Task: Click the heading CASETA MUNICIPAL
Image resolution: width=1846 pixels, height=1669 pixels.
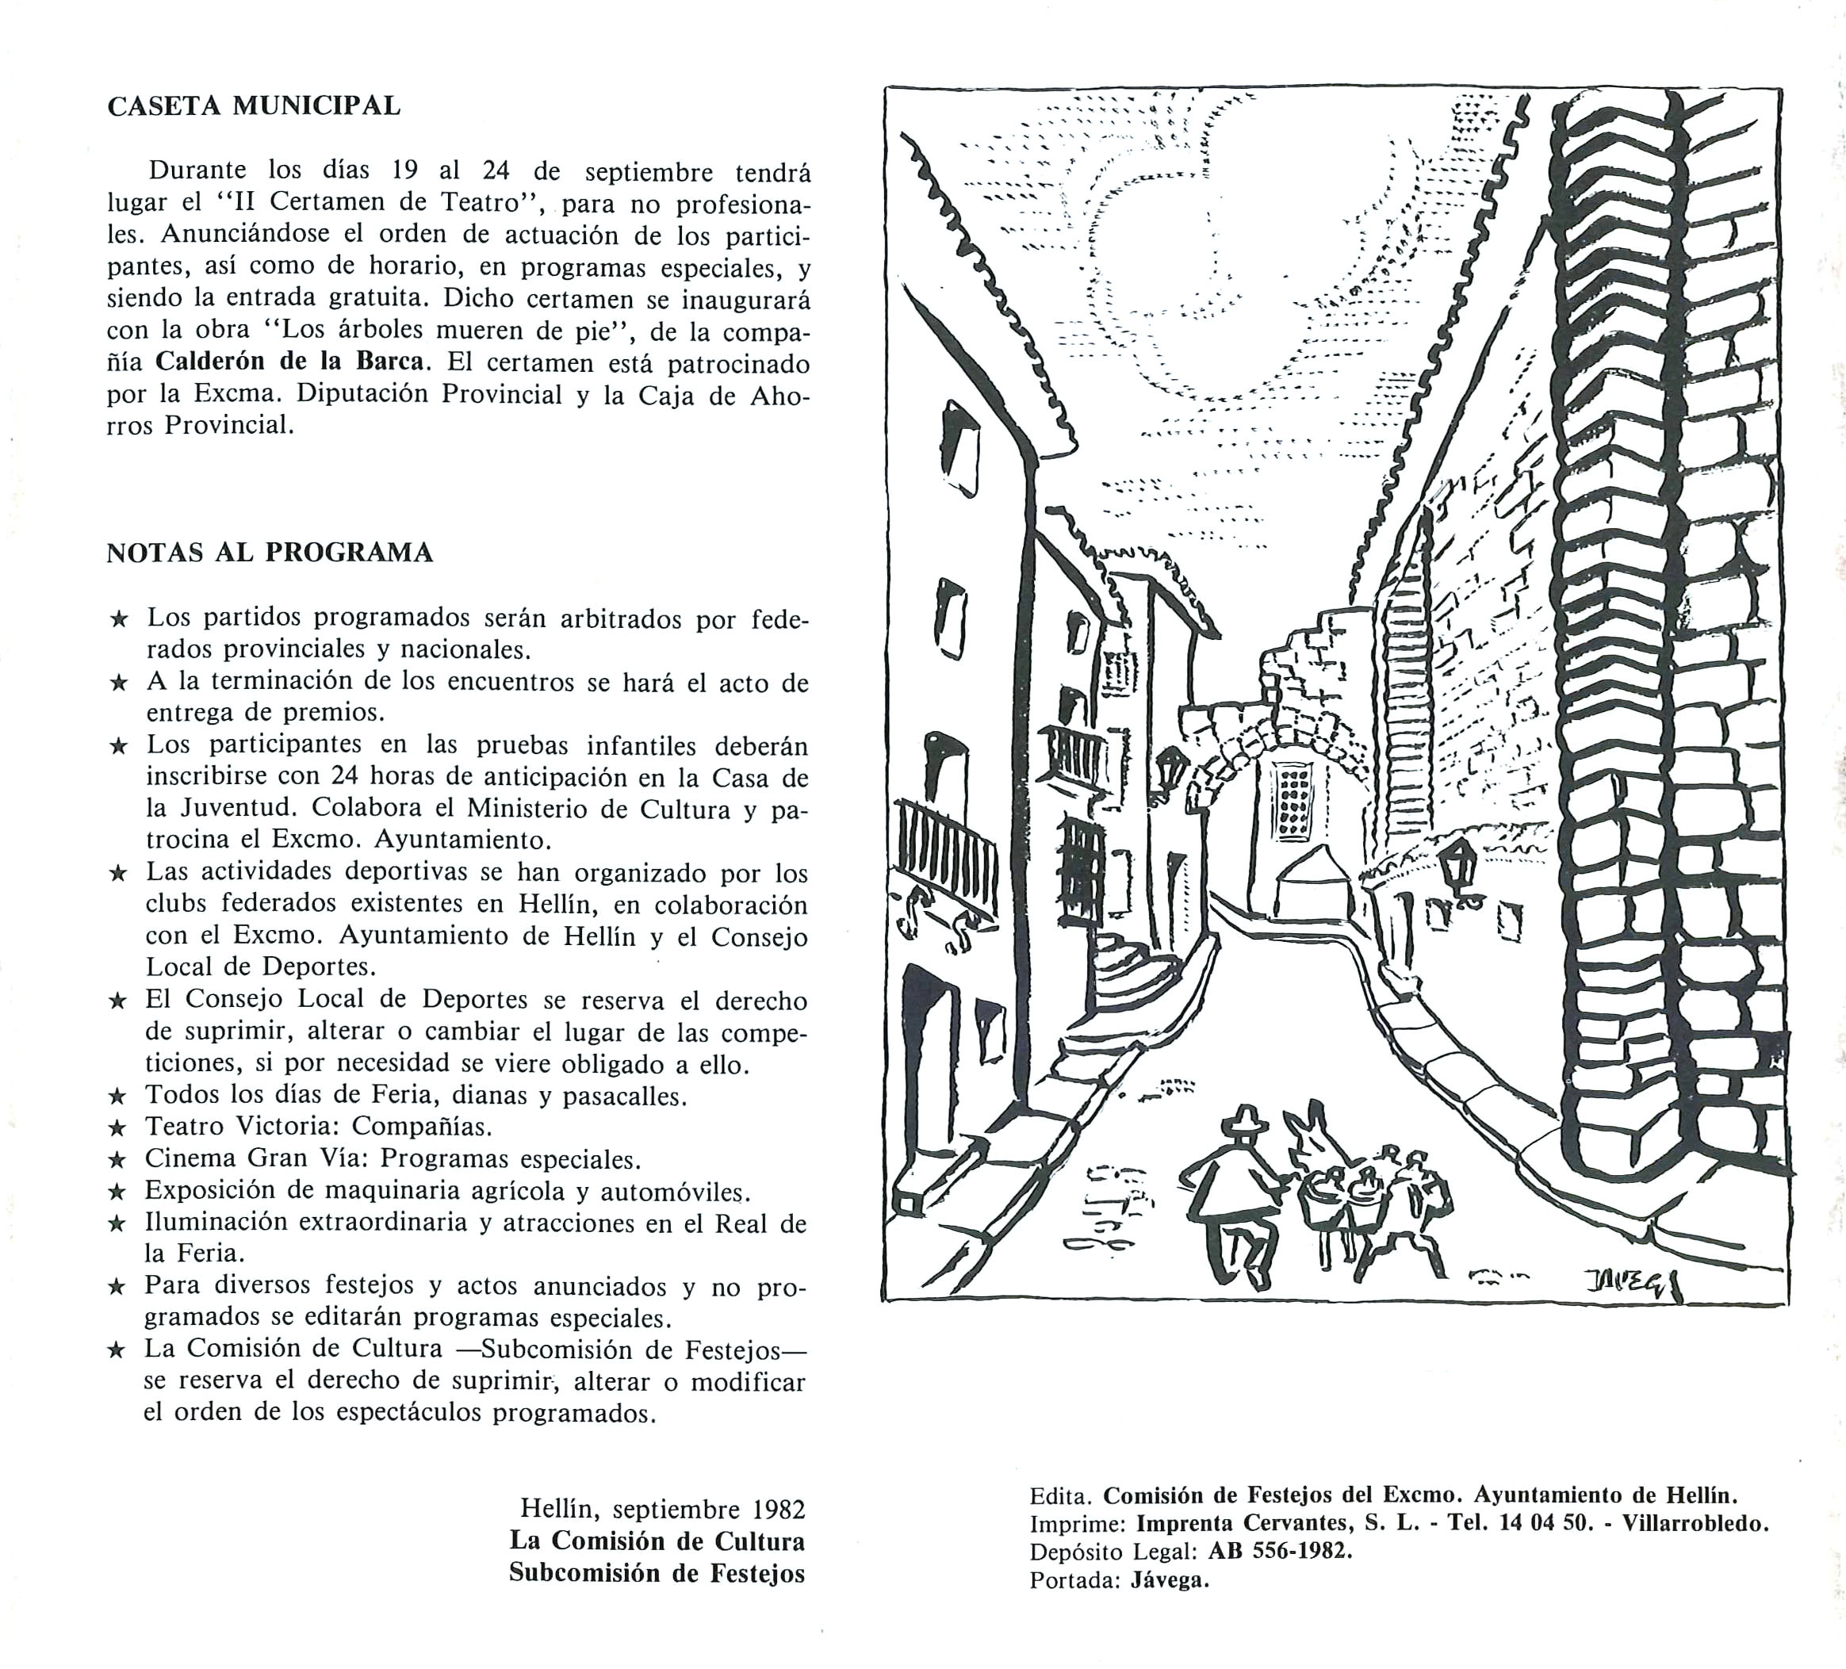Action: click(254, 106)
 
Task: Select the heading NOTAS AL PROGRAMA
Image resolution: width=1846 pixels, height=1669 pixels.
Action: click(270, 553)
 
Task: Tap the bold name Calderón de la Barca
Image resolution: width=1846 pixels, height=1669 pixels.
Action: click(290, 361)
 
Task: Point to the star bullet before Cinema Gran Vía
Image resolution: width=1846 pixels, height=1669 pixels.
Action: click(117, 1160)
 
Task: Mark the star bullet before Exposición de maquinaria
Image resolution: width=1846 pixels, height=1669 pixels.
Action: click(117, 1192)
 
